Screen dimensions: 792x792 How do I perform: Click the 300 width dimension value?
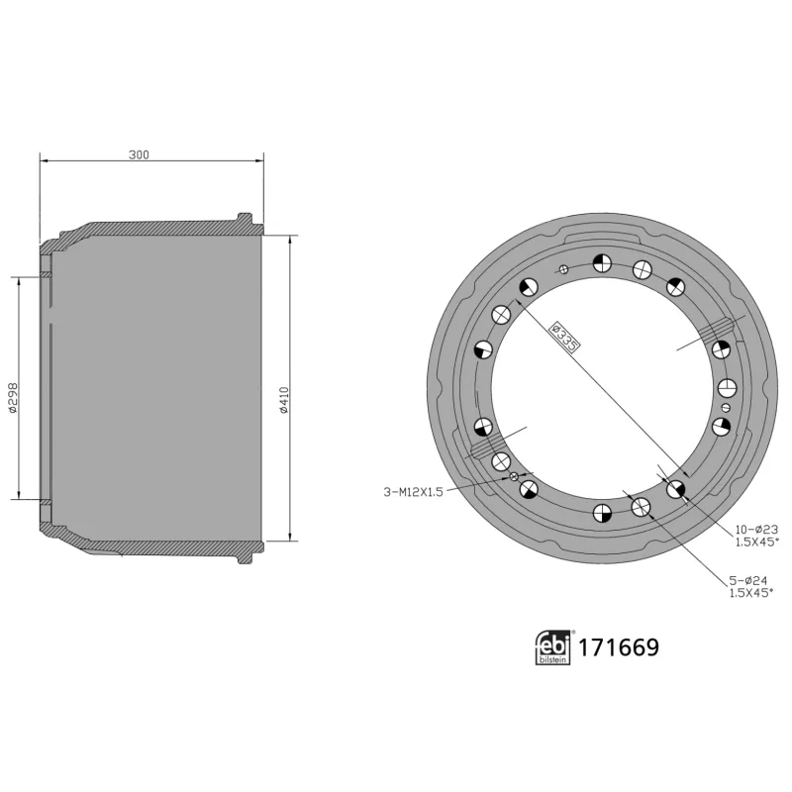click(x=140, y=154)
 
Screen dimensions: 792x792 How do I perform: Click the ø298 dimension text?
click(x=12, y=397)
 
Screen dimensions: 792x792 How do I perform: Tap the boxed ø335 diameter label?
click(x=564, y=336)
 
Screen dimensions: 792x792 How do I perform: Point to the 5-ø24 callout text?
click(x=747, y=581)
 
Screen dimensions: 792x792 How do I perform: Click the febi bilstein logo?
click(x=552, y=648)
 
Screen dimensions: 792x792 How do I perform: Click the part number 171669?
click(x=619, y=648)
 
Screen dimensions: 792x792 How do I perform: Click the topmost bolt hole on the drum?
click(x=602, y=263)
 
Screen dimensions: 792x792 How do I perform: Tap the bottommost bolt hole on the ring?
click(x=601, y=512)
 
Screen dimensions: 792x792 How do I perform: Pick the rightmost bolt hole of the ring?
click(x=727, y=387)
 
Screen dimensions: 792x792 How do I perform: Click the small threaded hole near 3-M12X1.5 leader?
click(x=514, y=477)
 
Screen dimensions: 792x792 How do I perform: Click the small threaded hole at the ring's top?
click(x=563, y=268)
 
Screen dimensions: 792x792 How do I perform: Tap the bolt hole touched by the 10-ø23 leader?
click(x=676, y=489)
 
